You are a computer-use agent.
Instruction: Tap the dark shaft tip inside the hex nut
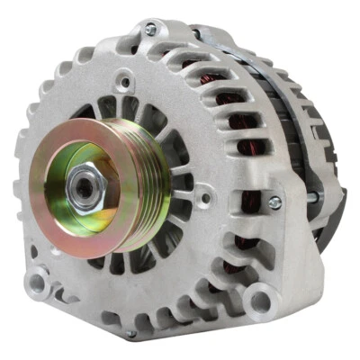click(x=85, y=187)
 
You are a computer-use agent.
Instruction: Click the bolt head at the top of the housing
click(x=150, y=30)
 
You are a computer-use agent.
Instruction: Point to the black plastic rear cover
click(x=328, y=180)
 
